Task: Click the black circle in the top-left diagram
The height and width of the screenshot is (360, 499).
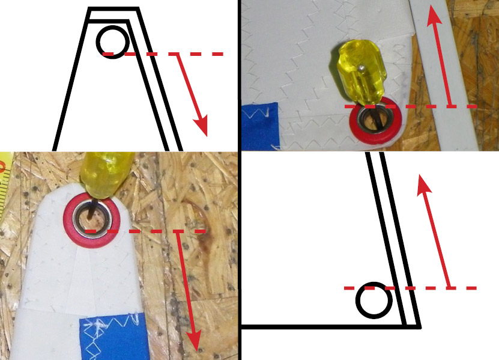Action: tap(112, 40)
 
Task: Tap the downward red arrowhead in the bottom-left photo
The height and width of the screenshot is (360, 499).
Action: tap(193, 342)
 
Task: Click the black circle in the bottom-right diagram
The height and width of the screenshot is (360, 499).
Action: tap(372, 299)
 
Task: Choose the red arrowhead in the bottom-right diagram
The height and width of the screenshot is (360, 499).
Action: tap(424, 182)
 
